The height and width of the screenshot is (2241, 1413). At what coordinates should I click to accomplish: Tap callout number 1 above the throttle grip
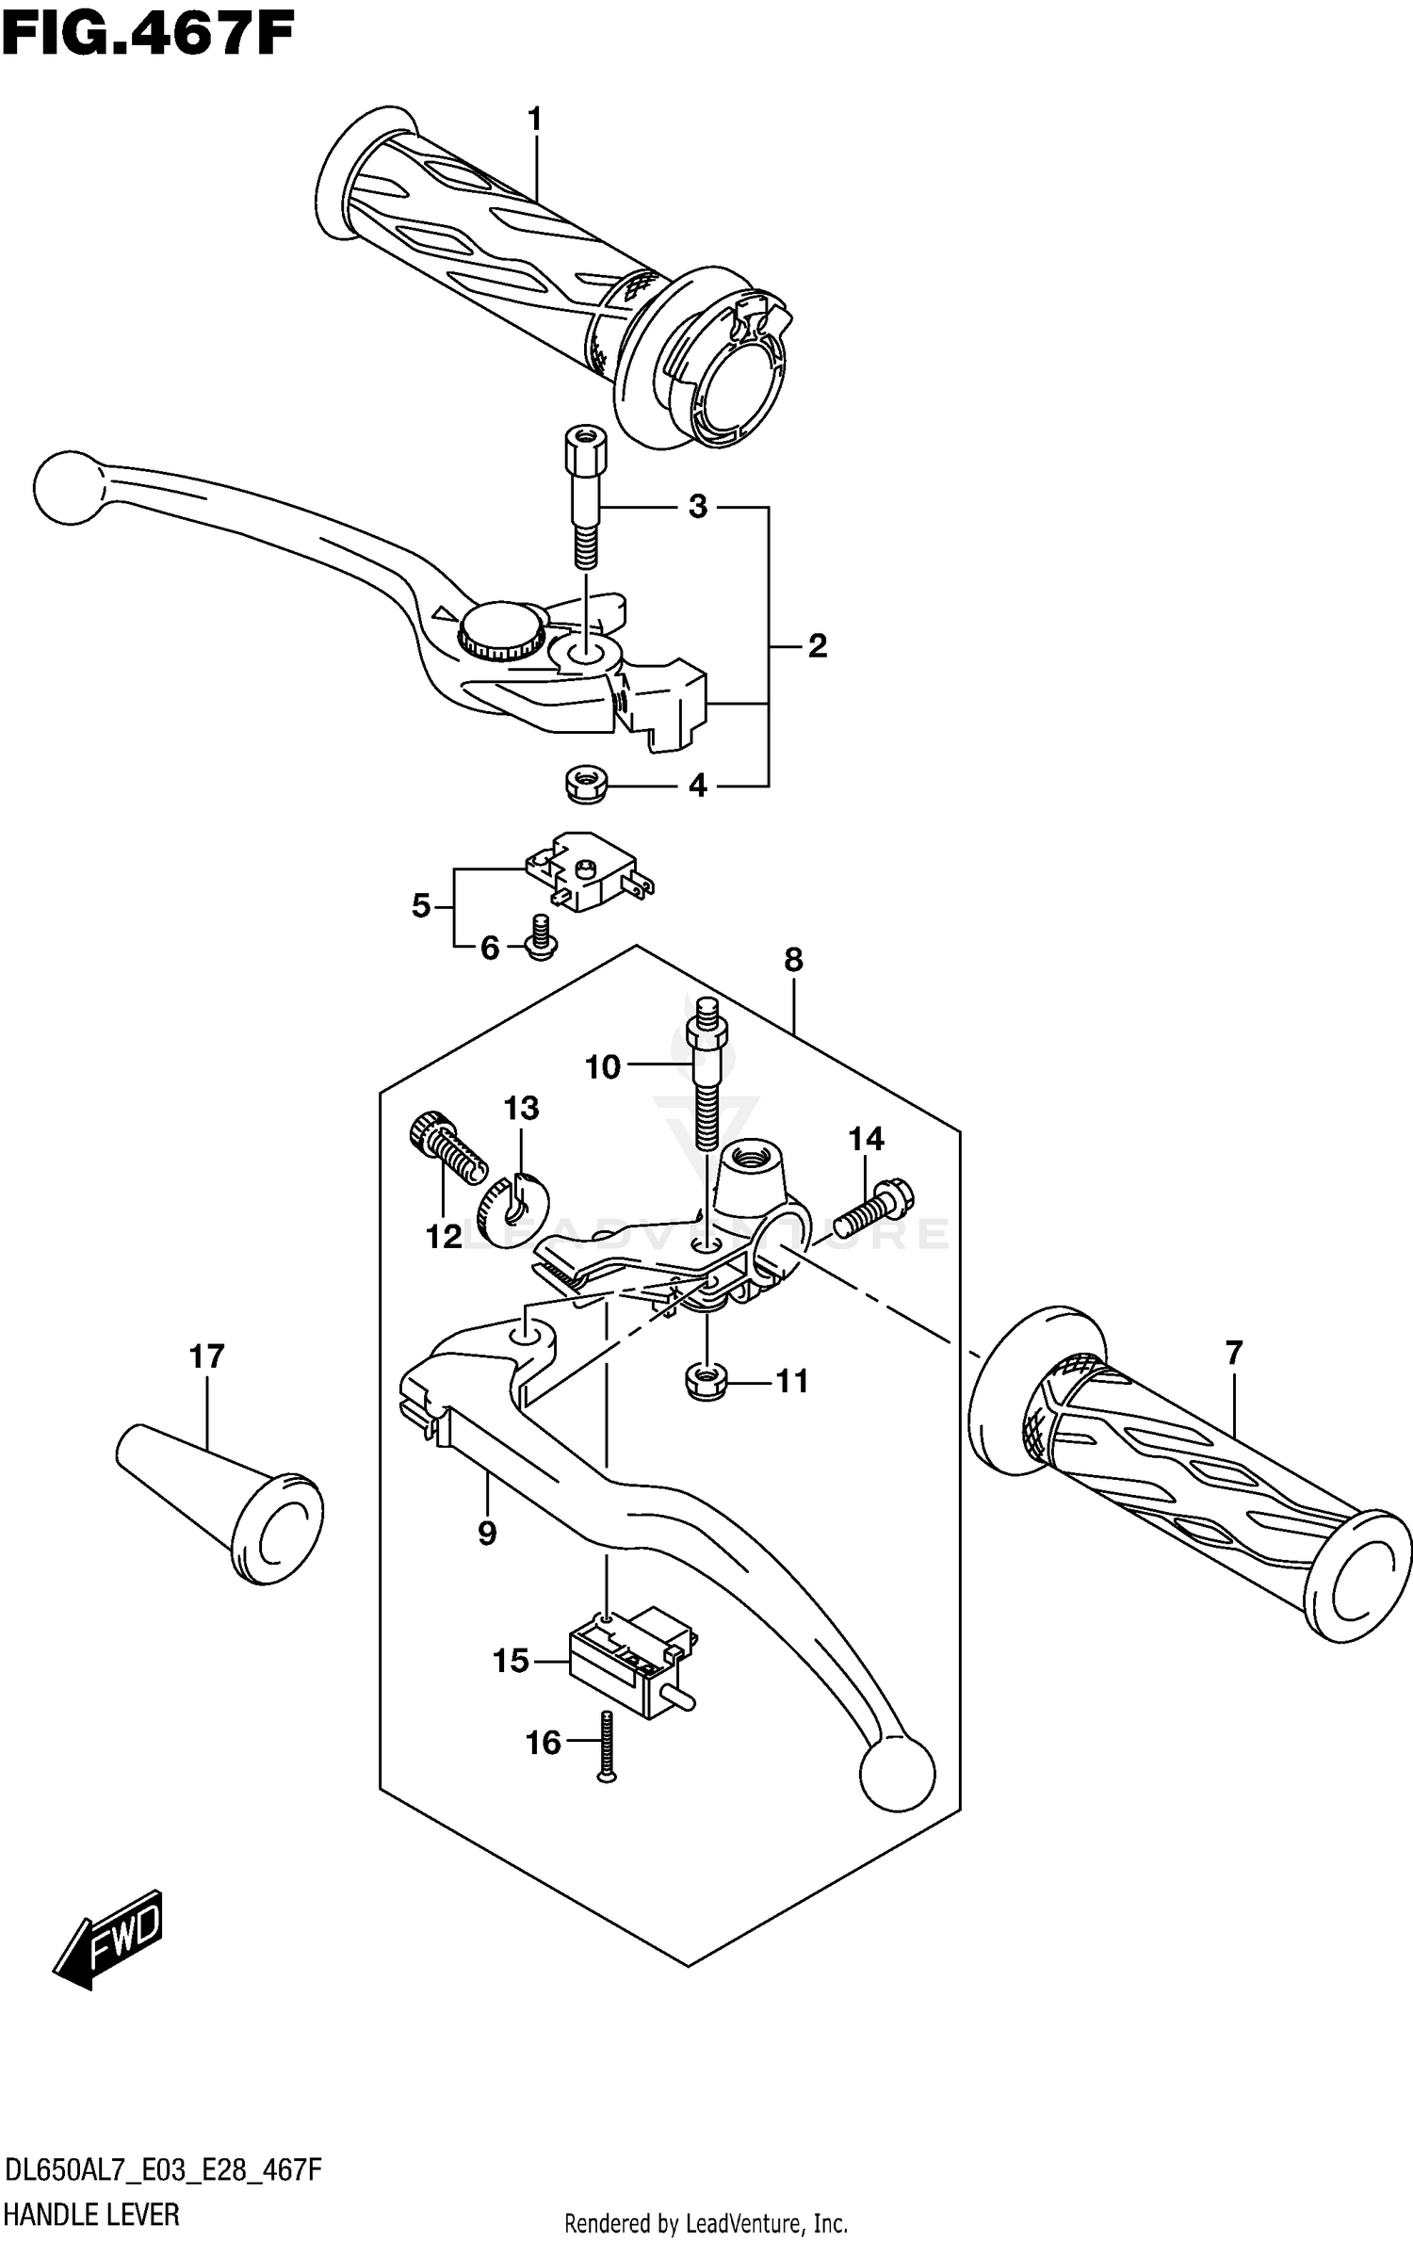click(534, 120)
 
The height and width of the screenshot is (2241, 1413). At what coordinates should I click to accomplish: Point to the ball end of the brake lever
click(66, 487)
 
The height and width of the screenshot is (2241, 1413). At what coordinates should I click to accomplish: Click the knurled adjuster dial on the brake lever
click(501, 631)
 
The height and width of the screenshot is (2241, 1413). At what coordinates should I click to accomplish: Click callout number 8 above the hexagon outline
click(793, 960)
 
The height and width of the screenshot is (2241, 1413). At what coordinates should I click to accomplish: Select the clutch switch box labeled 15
click(629, 1661)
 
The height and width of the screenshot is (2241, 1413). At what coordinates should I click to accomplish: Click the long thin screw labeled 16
click(606, 1746)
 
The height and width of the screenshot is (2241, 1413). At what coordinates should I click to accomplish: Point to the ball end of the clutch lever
click(897, 1775)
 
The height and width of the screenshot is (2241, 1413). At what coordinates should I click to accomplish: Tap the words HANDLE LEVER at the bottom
click(92, 2214)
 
